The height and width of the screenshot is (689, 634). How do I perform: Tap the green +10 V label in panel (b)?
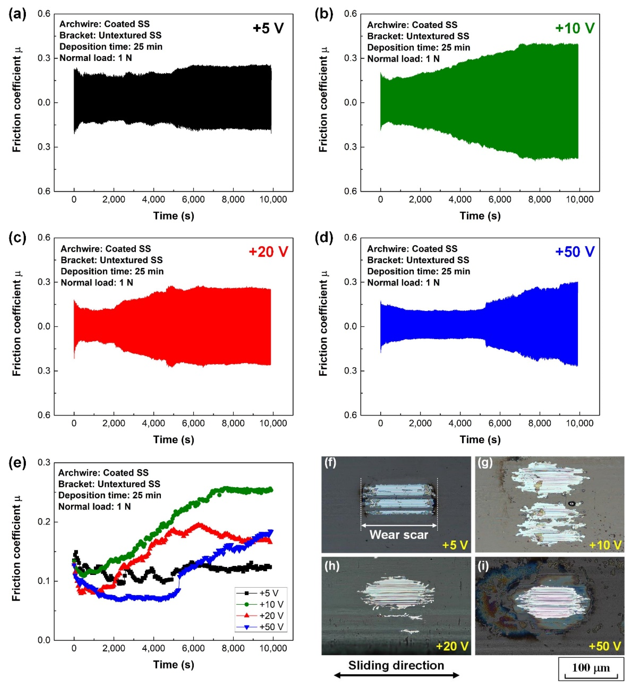(x=575, y=28)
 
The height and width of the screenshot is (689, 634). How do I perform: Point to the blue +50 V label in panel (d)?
(x=575, y=252)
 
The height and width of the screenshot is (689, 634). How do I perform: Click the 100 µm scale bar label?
(x=591, y=667)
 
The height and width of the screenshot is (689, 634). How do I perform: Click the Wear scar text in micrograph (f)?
(x=399, y=535)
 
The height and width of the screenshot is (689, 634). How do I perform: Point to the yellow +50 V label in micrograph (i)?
(x=604, y=646)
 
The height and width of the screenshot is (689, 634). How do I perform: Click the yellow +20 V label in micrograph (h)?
(x=452, y=646)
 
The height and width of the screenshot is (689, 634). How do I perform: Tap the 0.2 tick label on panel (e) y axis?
(x=44, y=522)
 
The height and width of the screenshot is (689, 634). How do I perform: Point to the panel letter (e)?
(x=17, y=463)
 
